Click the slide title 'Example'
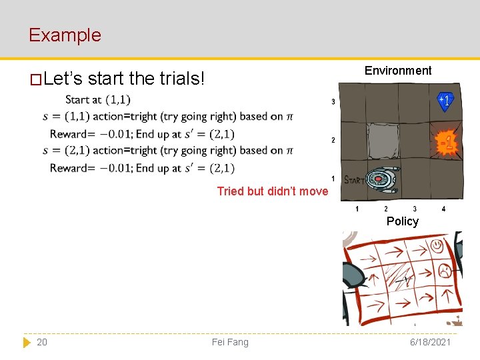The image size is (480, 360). pos(65,35)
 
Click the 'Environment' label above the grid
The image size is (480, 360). pos(398,71)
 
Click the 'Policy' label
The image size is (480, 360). pos(402,221)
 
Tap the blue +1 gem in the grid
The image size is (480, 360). pos(445,101)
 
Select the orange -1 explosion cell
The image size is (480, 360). pos(446,143)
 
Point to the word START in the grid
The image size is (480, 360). pos(354,180)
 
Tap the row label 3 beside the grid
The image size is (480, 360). pos(333,102)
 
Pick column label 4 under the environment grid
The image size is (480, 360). pos(444,209)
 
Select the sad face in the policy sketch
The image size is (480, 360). pos(443,271)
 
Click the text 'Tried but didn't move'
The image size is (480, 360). pos(273,191)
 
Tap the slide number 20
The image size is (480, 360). pos(42,342)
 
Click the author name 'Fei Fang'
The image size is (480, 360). pos(230,342)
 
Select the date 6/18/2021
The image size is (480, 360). pos(430,342)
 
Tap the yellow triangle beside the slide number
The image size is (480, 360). pos(27,342)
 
